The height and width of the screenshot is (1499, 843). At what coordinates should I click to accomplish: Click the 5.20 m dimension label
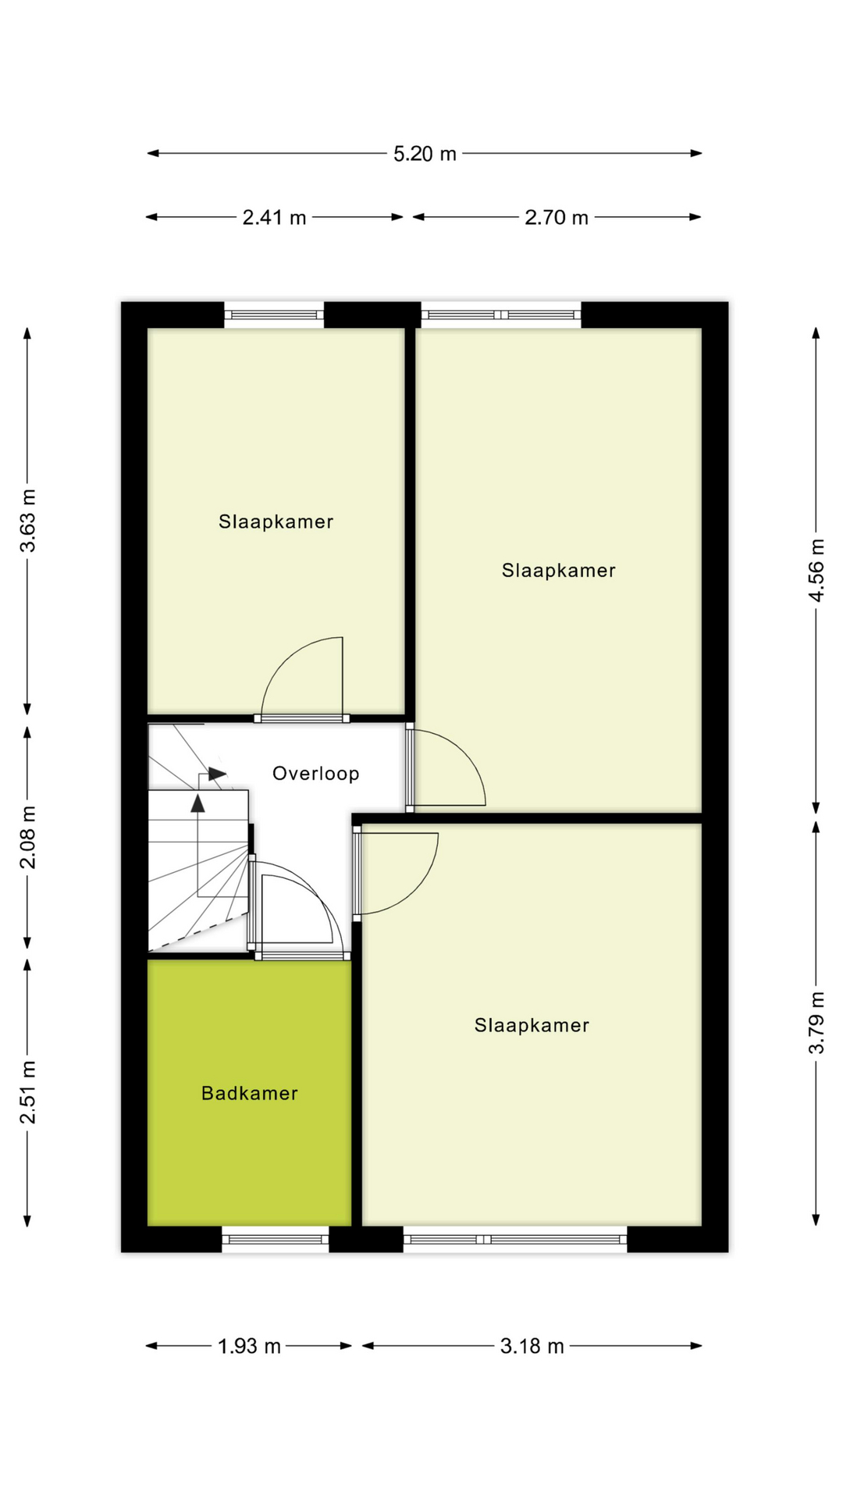pyautogui.click(x=425, y=154)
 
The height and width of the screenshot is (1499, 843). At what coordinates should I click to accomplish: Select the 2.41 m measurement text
pyautogui.click(x=274, y=218)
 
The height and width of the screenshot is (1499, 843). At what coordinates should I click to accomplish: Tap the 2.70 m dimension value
pyautogui.click(x=556, y=218)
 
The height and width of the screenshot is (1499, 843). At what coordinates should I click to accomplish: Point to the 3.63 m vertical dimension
pyautogui.click(x=28, y=520)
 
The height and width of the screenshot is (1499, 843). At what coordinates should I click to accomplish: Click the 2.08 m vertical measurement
pyautogui.click(x=28, y=837)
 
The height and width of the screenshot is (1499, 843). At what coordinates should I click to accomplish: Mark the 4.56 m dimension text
pyautogui.click(x=816, y=570)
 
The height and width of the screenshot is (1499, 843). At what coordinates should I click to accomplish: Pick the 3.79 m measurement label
pyautogui.click(x=816, y=1022)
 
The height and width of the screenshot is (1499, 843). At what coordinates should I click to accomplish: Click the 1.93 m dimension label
pyautogui.click(x=249, y=1346)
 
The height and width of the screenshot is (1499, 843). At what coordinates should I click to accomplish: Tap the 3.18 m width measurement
pyautogui.click(x=532, y=1346)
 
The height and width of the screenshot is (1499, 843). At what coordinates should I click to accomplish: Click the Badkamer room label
pyautogui.click(x=250, y=1093)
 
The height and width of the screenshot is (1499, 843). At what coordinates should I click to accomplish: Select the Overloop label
pyautogui.click(x=315, y=774)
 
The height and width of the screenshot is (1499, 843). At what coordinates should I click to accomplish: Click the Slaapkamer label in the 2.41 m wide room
pyautogui.click(x=276, y=522)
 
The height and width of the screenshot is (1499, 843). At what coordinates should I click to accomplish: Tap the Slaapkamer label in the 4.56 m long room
pyautogui.click(x=558, y=571)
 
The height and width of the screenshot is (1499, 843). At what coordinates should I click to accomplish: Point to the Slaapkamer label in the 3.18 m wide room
pyautogui.click(x=532, y=1025)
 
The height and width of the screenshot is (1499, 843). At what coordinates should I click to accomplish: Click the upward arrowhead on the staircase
pyautogui.click(x=198, y=803)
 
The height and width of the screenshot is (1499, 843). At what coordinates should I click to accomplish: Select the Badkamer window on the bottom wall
pyautogui.click(x=275, y=1239)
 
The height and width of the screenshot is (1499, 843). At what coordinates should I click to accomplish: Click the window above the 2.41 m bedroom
pyautogui.click(x=274, y=315)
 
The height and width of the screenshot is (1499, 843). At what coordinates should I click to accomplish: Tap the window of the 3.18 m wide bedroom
pyautogui.click(x=515, y=1239)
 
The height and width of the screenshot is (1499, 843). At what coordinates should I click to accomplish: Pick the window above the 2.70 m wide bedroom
pyautogui.click(x=501, y=315)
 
